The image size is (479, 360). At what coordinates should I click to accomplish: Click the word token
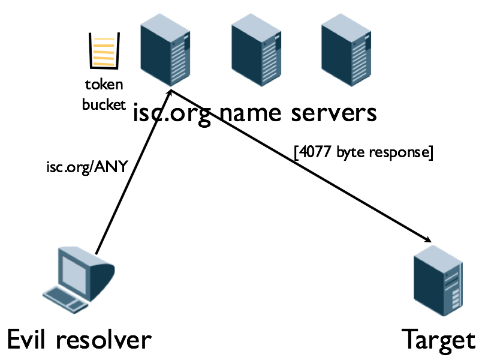104,85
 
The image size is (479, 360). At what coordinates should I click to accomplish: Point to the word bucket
104,104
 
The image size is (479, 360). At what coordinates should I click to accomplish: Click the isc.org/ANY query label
87,166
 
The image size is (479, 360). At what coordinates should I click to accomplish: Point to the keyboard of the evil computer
65,297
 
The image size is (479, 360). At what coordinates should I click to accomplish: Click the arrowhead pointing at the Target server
428,239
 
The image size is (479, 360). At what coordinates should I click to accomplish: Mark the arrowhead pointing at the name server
171,93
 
